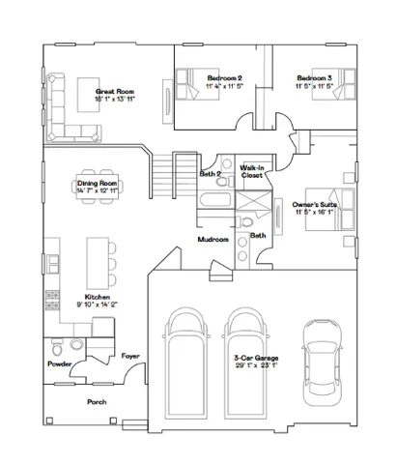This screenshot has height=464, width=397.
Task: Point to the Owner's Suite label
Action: pyautogui.click(x=313, y=205)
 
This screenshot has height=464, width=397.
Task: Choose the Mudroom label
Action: pyautogui.click(x=213, y=239)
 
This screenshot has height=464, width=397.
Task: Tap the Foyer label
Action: pyautogui.click(x=130, y=356)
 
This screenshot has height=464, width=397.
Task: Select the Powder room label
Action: pyautogui.click(x=60, y=364)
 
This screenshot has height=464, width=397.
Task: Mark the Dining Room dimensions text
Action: pyautogui.click(x=96, y=189)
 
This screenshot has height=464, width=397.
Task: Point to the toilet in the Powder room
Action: pyautogui.click(x=58, y=345)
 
